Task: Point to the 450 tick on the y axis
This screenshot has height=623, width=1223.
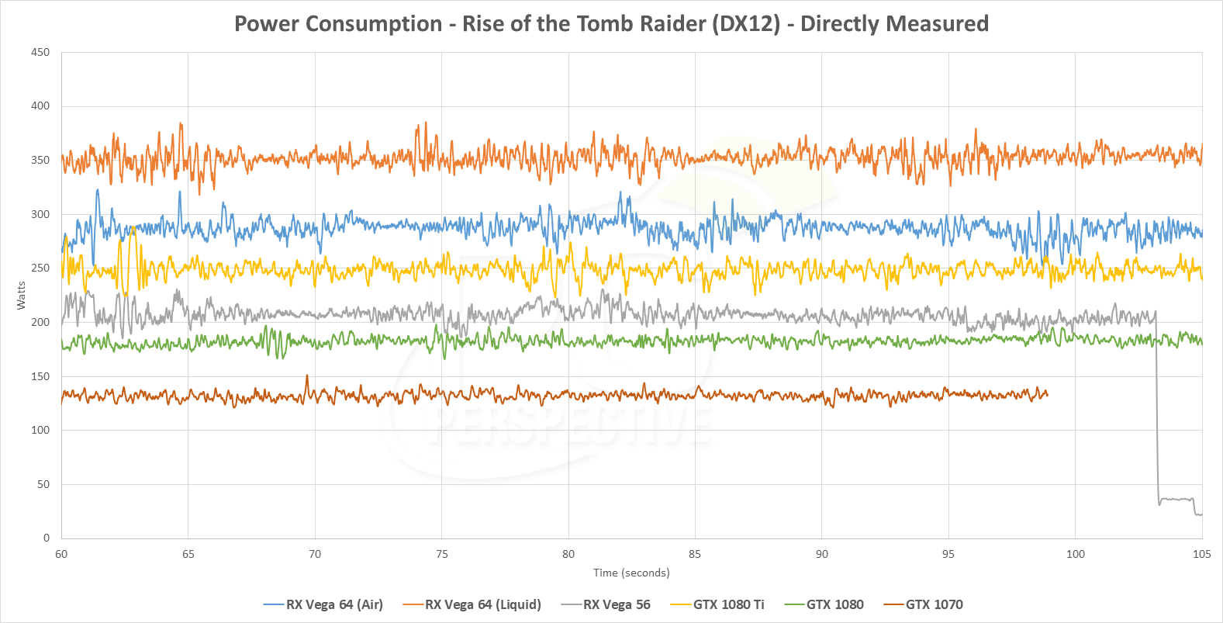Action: pos(40,53)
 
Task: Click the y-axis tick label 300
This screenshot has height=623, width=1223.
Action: pos(40,214)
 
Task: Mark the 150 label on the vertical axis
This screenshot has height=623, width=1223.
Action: pos(40,376)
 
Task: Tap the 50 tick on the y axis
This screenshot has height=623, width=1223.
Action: pos(43,484)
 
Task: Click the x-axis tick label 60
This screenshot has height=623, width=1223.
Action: pos(61,554)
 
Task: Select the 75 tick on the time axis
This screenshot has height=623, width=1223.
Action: pos(441,554)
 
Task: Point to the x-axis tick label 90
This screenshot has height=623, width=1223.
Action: pos(821,554)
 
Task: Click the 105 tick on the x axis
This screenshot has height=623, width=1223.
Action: pos(1201,554)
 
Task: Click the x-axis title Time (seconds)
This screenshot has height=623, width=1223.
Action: pos(631,573)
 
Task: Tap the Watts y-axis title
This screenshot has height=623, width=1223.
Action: pos(21,296)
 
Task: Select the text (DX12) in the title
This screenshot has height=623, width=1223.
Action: pos(746,24)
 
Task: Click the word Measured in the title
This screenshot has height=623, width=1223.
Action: pos(940,24)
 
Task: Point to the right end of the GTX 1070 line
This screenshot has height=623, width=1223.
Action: pos(1047,394)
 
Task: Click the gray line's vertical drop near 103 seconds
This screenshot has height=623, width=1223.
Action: pos(1157,411)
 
